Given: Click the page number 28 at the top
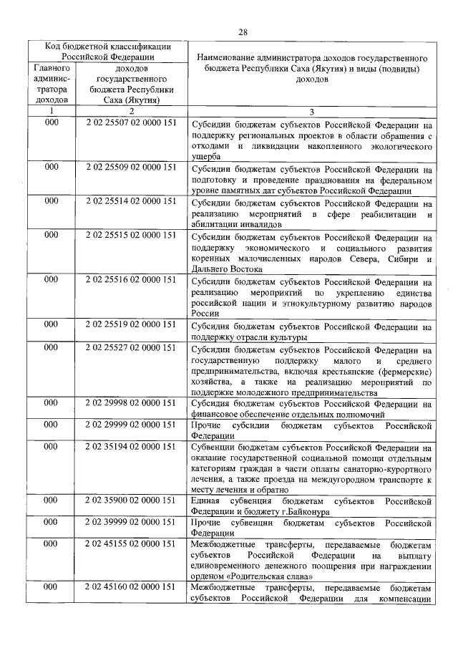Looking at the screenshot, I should click(243, 32).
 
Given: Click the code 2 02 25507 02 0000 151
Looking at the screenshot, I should click(130, 126).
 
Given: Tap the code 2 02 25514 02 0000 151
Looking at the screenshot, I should click(130, 201).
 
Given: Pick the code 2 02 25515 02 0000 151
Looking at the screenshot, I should click(130, 236).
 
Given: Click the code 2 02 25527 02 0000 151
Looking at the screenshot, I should click(130, 349).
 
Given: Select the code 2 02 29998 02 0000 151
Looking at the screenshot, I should click(130, 403).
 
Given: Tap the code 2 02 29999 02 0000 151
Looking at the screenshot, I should click(130, 425).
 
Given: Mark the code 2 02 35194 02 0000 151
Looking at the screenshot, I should click(130, 447).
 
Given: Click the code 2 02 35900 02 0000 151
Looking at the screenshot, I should click(130, 501).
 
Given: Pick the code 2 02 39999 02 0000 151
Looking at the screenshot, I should click(130, 523).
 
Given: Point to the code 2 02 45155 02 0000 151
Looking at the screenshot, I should click(130, 546).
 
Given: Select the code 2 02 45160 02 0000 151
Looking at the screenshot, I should click(130, 587).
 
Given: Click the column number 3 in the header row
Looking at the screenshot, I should click(311, 112).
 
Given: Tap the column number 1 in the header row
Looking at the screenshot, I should click(52, 112).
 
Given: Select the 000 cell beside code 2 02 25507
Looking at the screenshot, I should click(52, 126).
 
